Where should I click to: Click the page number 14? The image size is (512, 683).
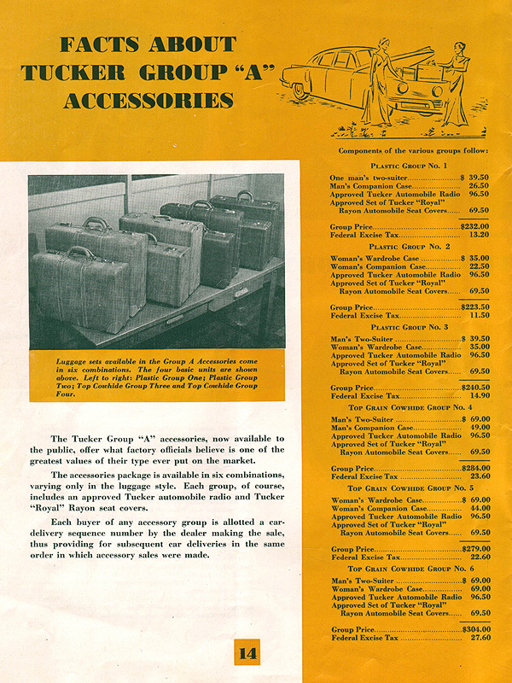[247, 655]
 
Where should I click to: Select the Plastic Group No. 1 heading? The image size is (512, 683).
[410, 165]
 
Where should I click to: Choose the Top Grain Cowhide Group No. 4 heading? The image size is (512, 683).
[410, 409]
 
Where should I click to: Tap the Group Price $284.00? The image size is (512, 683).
[474, 469]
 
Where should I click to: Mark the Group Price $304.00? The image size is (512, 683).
[474, 629]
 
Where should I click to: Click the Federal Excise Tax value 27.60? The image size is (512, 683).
[479, 638]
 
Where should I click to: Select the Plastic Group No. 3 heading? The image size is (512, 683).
[410, 328]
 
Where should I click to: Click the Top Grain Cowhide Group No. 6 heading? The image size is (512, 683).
[410, 569]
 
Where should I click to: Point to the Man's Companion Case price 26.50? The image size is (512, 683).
[479, 185]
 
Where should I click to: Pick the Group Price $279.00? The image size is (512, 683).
[474, 549]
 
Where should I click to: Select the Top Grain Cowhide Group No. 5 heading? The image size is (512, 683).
[410, 488]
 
